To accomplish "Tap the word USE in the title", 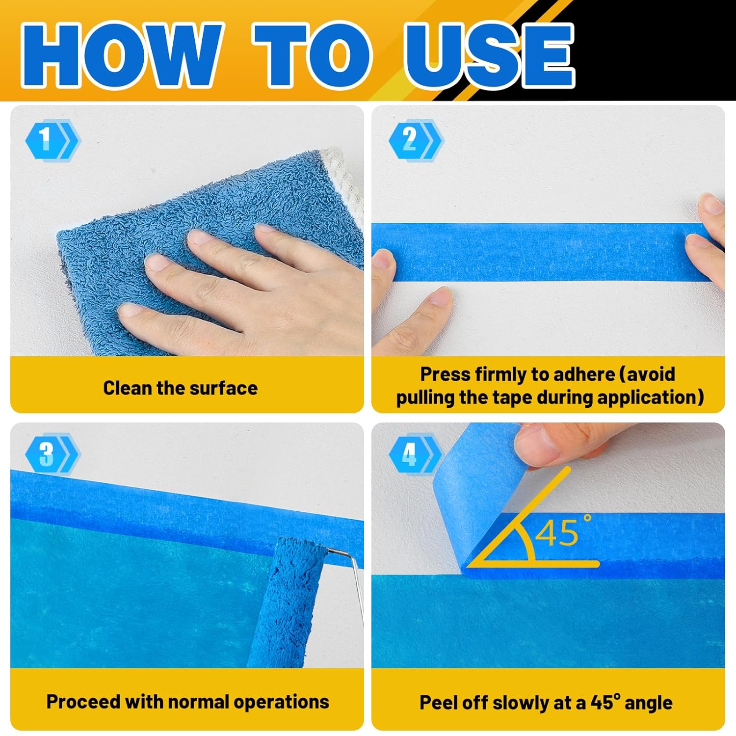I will (x=489, y=55).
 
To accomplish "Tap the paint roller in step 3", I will (x=289, y=604).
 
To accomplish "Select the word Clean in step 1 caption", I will (x=128, y=388).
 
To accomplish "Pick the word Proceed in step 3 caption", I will (x=83, y=702).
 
